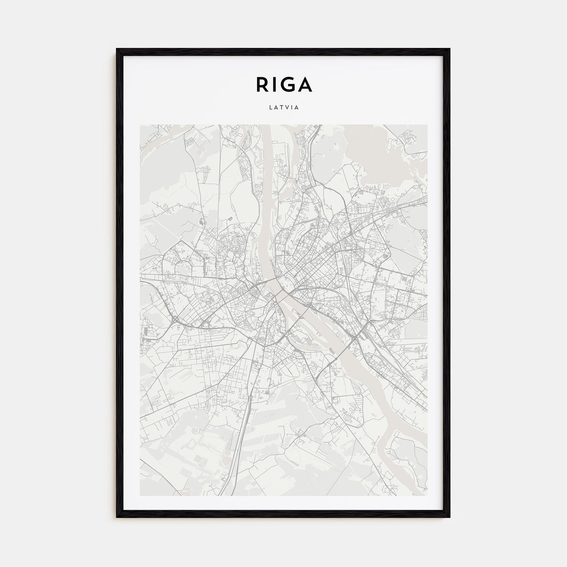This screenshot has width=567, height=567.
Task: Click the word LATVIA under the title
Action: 283,108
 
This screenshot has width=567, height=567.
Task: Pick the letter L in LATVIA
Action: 270,108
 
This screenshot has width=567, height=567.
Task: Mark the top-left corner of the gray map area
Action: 140,125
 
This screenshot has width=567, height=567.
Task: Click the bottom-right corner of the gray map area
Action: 427,495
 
